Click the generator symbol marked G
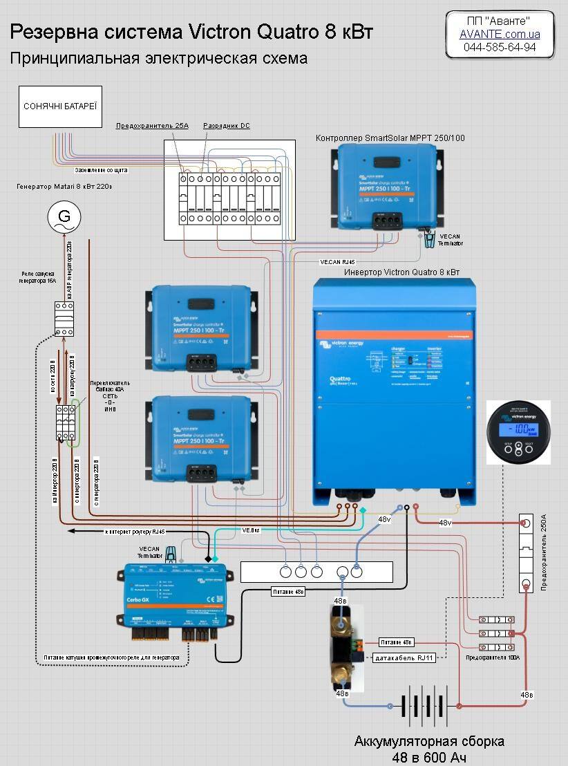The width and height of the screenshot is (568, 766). [x=64, y=217]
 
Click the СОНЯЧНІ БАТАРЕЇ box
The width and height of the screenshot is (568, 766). [x=60, y=106]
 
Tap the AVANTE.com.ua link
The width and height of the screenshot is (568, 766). [x=500, y=34]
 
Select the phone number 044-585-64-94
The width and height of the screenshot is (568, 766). [x=500, y=47]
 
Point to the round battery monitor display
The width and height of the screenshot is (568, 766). [x=519, y=432]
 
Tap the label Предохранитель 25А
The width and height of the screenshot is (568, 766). [x=151, y=126]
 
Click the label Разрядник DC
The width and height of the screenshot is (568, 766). [x=227, y=126]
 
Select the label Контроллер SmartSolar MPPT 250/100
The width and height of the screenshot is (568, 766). [x=390, y=138]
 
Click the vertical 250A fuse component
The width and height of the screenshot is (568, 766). [x=527, y=553]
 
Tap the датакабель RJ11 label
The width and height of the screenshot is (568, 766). [x=405, y=657]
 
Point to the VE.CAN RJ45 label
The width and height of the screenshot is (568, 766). [x=337, y=263]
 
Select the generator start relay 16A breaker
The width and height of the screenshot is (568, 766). [x=64, y=319]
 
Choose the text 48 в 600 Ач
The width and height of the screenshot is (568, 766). [x=428, y=758]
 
